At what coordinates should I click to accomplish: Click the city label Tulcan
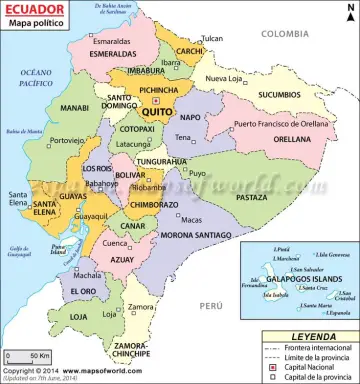pyautogui.click(x=212, y=38)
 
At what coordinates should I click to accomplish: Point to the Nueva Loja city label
pyautogui.click(x=224, y=78)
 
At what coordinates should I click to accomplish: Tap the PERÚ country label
pyautogui.click(x=209, y=304)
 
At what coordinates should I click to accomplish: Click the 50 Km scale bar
pyautogui.click(x=28, y=355)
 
